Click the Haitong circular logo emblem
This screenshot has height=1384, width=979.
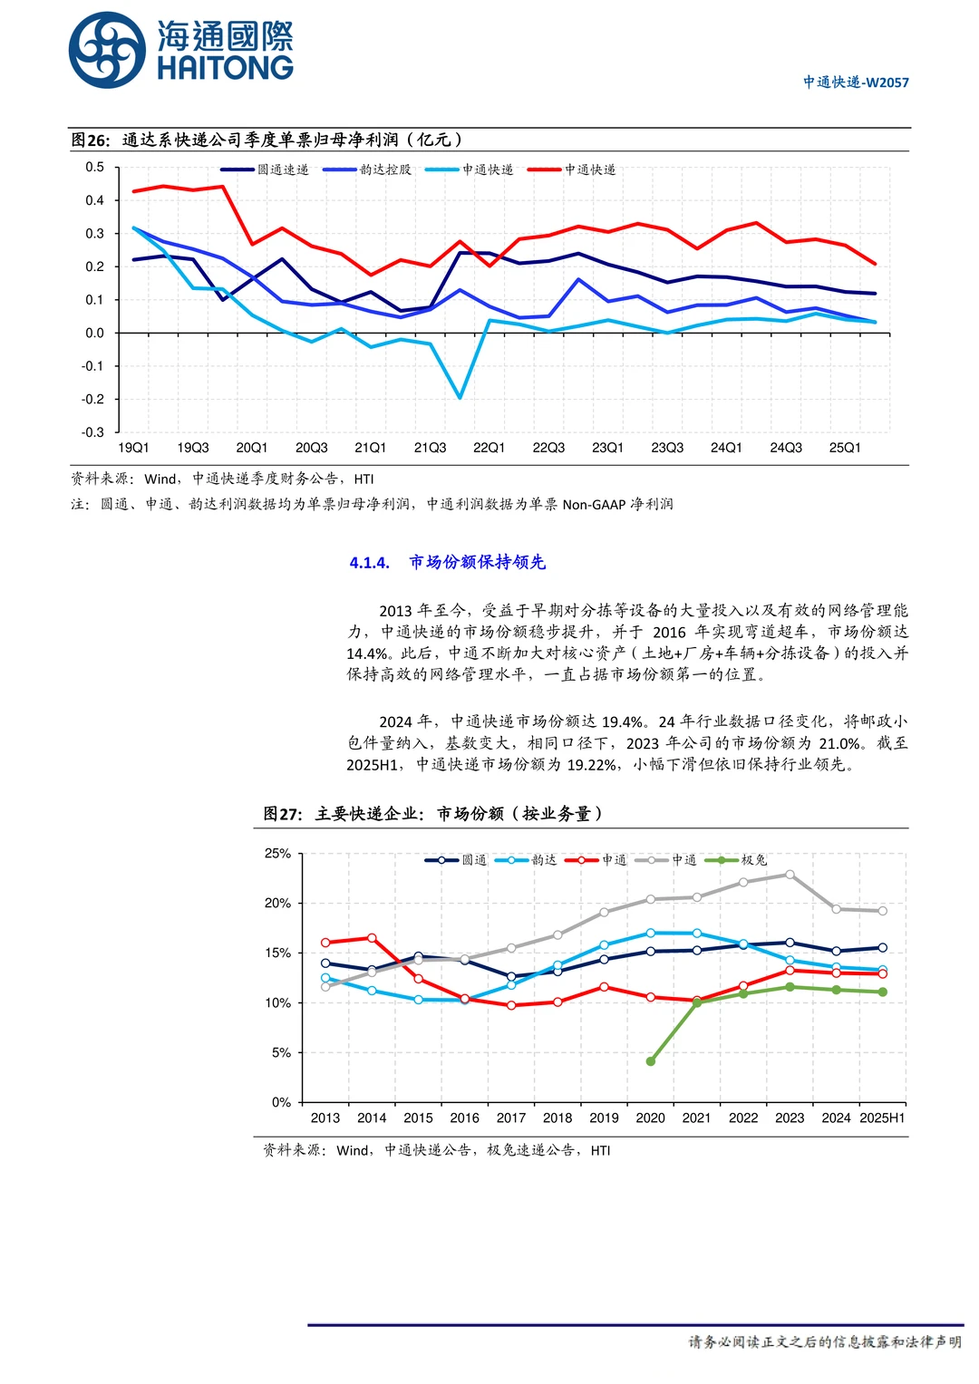coord(107,51)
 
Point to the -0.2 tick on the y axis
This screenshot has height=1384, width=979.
coord(93,400)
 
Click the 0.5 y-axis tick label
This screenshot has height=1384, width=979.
coord(95,168)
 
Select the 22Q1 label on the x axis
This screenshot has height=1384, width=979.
coord(489,448)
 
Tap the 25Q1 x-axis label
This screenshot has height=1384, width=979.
coord(845,448)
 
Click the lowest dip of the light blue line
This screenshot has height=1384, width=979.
coord(460,398)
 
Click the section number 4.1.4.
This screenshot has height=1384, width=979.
coord(370,563)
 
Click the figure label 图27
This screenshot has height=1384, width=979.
coord(282,814)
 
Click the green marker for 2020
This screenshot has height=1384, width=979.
coord(651,1060)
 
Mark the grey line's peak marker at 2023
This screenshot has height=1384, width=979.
coord(790,875)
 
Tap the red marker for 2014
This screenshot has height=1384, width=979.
coord(372,938)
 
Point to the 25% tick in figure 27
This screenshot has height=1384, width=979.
coord(277,854)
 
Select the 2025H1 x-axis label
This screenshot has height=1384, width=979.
coord(882,1118)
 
